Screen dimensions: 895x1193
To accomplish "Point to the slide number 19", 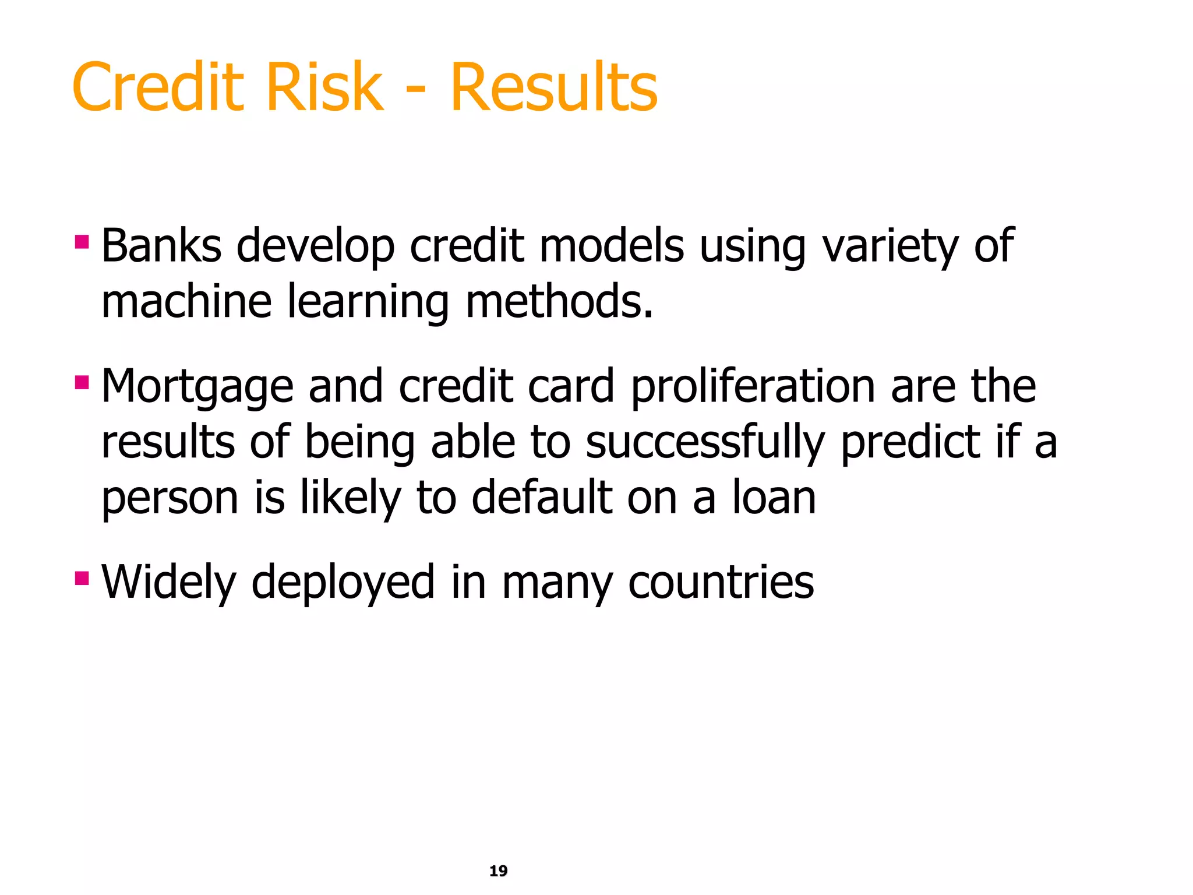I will tap(498, 871).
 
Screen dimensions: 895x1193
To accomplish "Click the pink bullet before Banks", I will tap(82, 241).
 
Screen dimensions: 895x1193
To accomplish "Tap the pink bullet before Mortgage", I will tap(82, 382).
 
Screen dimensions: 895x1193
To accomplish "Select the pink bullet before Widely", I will tap(82, 578).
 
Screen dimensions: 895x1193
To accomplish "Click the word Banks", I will tap(161, 246).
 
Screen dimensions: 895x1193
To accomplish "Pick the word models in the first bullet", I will tap(612, 246).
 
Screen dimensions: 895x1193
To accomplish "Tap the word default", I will tap(542, 498).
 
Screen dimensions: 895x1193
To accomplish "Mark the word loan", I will tap(774, 498).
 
